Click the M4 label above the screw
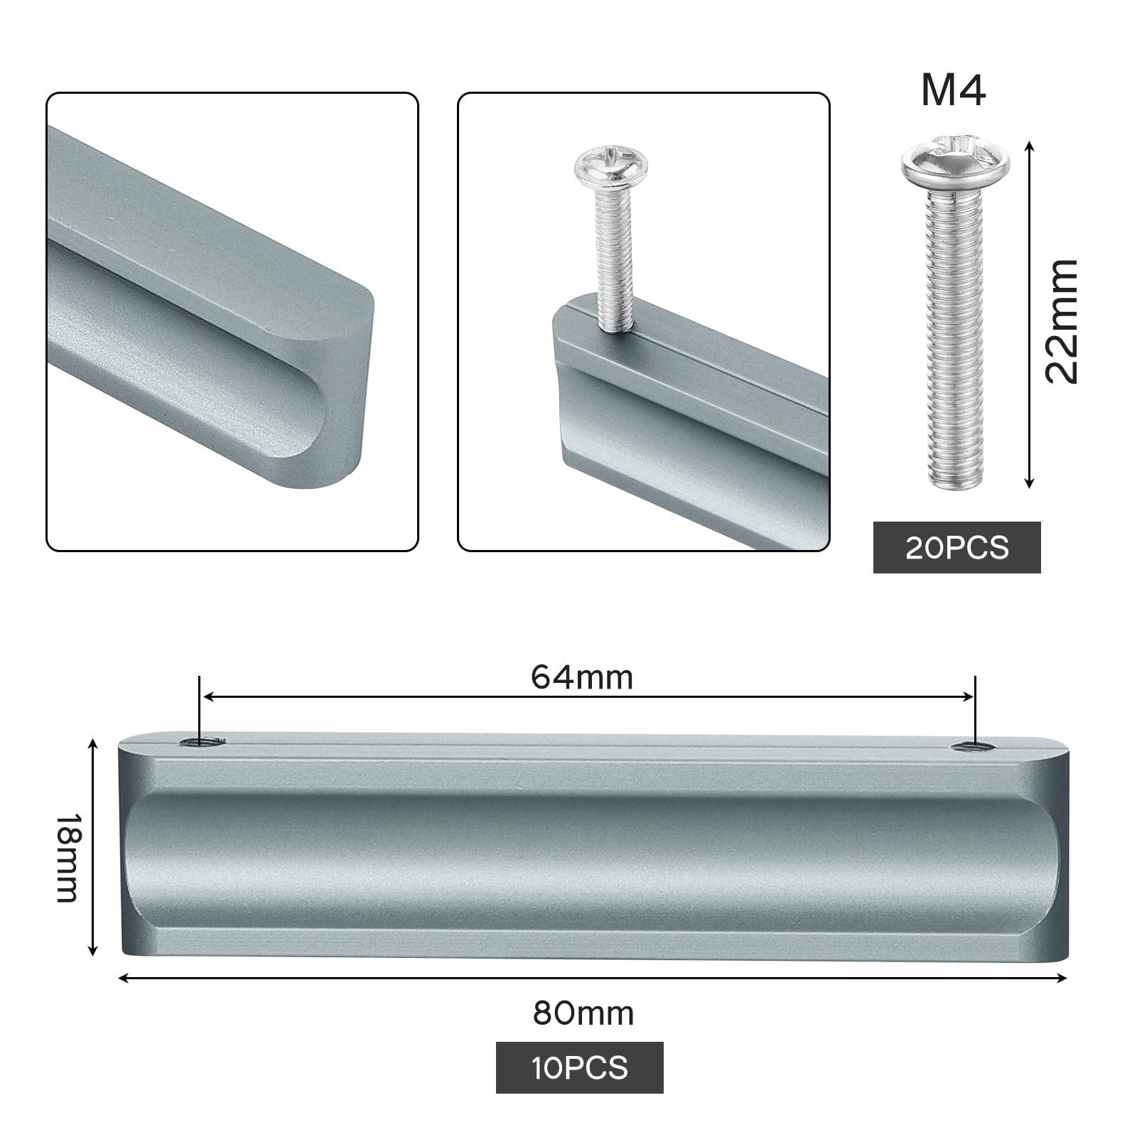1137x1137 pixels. (x=953, y=90)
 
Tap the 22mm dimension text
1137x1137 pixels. (x=1062, y=321)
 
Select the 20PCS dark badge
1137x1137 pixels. (x=957, y=547)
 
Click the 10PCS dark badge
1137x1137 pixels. (x=579, y=1067)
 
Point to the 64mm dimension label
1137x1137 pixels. (x=582, y=677)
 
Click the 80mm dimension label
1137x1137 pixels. (x=583, y=1013)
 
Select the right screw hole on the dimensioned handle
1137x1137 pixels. (x=971, y=746)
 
